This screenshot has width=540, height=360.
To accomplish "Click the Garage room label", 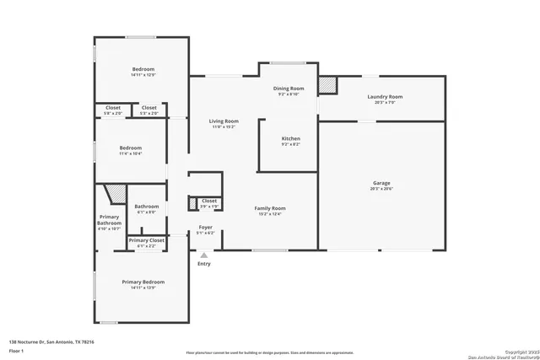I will coord(381,183).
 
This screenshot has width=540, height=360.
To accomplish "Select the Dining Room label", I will coord(288,89).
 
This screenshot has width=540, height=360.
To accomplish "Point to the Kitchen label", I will coord(290,138).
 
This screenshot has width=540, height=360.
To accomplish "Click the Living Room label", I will coord(224,121).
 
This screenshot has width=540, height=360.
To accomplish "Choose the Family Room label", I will coord(271,207).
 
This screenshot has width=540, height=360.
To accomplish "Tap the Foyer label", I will coord(206,227).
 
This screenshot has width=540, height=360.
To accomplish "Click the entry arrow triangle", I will coord(203,254).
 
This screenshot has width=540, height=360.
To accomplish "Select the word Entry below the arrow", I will coord(204,264).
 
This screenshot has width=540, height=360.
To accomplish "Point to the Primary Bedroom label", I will coord(143,282).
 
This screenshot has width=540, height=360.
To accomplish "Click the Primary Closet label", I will coord(146,240).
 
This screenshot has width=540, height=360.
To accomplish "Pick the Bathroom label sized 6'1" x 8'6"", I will coord(147,206).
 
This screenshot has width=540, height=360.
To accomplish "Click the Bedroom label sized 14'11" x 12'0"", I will coord(143,69).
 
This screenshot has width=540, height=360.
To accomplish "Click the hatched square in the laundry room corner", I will coord(327,85).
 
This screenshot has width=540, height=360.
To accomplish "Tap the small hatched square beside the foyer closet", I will coord(193,201).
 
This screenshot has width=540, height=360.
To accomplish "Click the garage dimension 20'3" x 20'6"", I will coord(381,189).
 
